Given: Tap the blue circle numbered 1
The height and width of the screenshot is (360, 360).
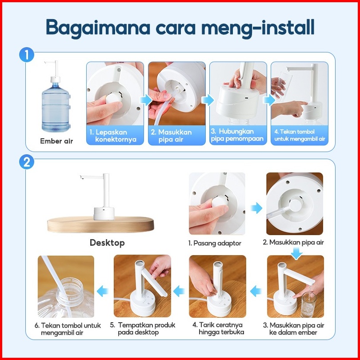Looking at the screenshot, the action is (27, 55).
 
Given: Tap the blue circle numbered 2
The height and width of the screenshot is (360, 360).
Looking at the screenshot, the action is (27, 162).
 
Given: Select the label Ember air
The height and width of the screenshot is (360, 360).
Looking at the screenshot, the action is (56, 141).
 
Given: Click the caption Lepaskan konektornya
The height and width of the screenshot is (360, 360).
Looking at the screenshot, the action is (113, 136).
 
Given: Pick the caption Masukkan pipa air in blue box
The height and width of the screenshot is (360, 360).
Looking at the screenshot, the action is (171, 136).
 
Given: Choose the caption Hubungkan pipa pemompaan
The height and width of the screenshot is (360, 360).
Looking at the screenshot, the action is (237, 135).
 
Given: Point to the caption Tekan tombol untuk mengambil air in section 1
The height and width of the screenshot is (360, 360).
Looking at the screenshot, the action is (300, 135).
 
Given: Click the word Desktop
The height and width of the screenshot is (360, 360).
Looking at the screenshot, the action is (107, 243).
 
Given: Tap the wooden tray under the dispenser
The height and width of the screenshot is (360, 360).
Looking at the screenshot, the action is (100, 224).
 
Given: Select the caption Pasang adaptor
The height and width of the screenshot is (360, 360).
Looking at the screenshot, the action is (215, 243).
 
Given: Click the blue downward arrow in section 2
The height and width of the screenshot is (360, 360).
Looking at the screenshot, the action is (296, 254).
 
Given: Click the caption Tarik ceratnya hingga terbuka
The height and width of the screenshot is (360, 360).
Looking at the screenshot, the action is (218, 328).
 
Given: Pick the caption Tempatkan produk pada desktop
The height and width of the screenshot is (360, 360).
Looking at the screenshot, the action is (143, 328).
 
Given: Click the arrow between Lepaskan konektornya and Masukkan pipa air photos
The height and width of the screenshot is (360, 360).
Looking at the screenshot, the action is (146, 100).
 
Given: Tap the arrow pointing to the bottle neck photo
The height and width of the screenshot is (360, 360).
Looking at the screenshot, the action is (103, 292).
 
